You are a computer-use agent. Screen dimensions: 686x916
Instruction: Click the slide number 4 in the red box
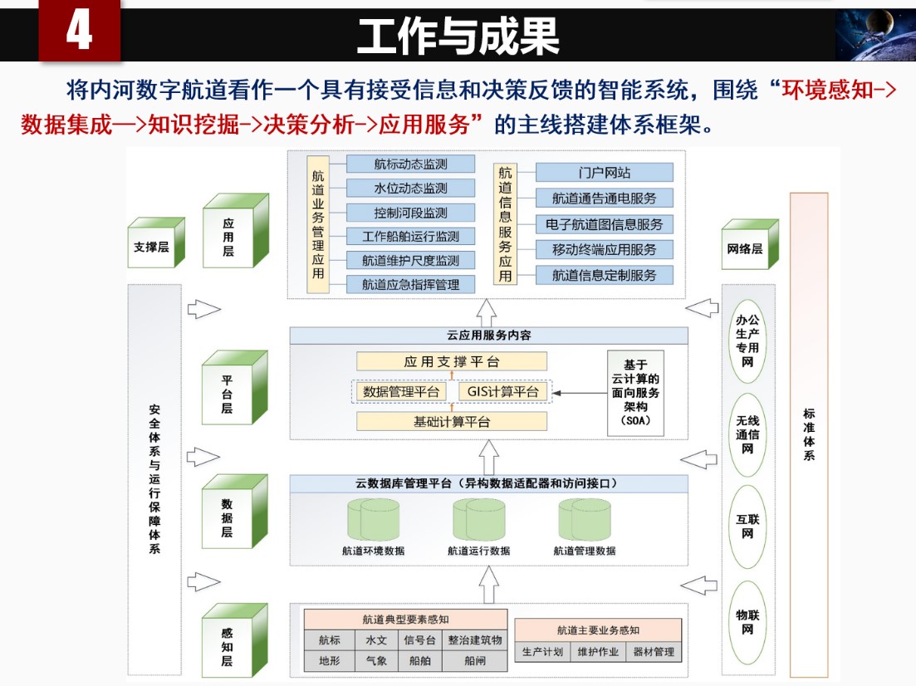click(x=79, y=33)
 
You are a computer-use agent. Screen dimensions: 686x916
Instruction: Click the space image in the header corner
click(x=874, y=36)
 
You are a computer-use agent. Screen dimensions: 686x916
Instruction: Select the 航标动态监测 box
click(x=410, y=164)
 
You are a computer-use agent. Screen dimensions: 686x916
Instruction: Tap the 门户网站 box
click(x=604, y=173)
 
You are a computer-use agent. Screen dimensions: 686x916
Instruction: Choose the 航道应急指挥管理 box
click(x=410, y=284)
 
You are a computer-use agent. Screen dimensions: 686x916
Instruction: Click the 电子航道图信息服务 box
click(x=604, y=224)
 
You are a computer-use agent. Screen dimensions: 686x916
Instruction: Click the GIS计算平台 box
click(x=503, y=392)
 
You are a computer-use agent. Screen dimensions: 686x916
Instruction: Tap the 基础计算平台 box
click(x=452, y=421)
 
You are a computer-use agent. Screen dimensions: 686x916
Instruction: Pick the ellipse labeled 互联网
click(x=747, y=526)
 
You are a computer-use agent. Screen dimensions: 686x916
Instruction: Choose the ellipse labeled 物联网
click(x=747, y=622)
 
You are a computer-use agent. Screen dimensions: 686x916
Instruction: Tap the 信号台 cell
click(x=419, y=640)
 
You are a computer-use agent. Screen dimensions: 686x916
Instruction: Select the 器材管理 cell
click(x=653, y=652)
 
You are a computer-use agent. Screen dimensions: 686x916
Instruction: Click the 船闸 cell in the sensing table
click(x=474, y=661)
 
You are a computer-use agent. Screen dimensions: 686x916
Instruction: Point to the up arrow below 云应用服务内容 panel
click(x=488, y=457)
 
